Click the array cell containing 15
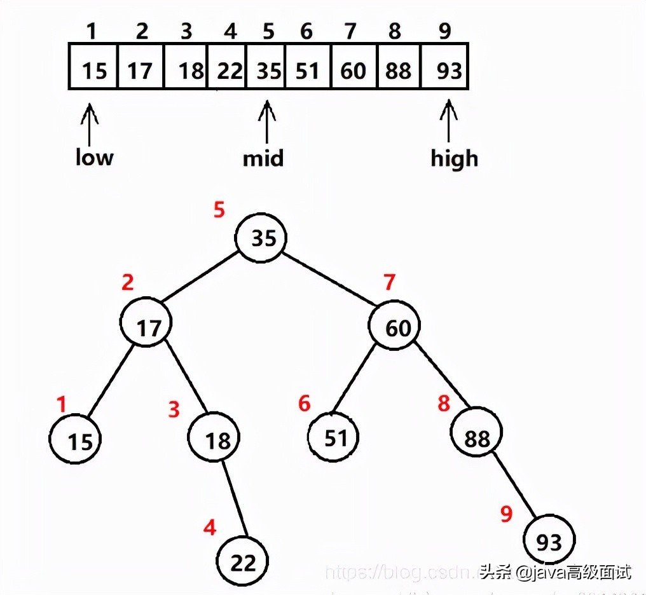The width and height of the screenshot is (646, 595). click(x=93, y=66)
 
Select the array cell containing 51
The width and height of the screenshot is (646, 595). click(x=308, y=66)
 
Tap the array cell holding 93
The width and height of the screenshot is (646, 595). click(x=445, y=66)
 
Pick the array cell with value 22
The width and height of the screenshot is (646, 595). click(x=228, y=66)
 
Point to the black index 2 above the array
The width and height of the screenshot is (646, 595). click(x=142, y=31)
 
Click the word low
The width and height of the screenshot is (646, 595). click(x=94, y=157)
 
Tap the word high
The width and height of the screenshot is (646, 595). click(x=454, y=158)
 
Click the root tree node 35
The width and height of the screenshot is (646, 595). click(x=261, y=238)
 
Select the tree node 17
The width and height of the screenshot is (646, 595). click(x=147, y=327)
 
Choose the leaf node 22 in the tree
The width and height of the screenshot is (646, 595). click(x=242, y=561)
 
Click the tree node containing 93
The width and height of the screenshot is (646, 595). click(x=549, y=540)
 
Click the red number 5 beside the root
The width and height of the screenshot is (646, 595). click(x=219, y=210)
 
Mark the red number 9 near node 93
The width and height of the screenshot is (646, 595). click(x=506, y=514)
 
